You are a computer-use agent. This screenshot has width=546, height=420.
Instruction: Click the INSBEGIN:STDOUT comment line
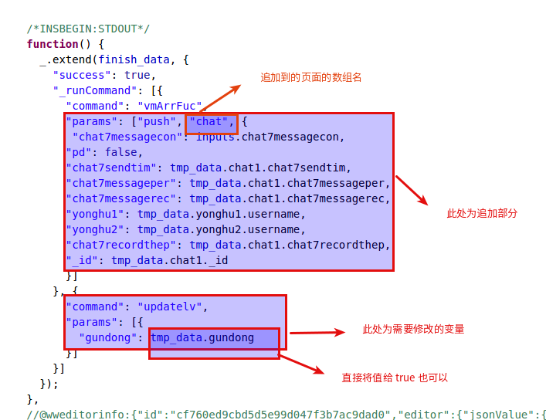[x=88, y=29]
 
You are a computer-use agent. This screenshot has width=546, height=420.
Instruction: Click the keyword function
[x=53, y=44]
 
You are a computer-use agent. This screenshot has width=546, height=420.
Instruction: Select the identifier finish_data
[x=134, y=60]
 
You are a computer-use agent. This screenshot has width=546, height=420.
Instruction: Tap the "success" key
[x=79, y=75]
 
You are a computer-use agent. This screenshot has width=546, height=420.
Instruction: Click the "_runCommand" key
[x=94, y=90]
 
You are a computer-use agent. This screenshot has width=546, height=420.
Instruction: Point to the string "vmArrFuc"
[x=170, y=106]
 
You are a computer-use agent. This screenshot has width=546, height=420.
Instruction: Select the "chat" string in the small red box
[x=209, y=121]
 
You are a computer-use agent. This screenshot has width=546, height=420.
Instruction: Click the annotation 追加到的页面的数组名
[x=311, y=77]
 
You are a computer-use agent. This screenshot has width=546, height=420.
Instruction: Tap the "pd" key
[x=79, y=153]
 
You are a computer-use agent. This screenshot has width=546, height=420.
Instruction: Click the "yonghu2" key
[x=95, y=230]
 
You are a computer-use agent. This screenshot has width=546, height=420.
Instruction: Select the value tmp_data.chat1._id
[x=170, y=260]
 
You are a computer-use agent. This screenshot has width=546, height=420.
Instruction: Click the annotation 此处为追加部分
[x=482, y=213]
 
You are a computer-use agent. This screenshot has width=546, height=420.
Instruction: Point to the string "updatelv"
[x=170, y=307]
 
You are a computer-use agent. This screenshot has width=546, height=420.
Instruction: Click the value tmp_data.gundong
[x=202, y=338]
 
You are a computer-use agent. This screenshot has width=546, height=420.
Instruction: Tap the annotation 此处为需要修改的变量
[x=413, y=329]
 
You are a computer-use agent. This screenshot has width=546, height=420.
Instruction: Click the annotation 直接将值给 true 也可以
[x=395, y=378]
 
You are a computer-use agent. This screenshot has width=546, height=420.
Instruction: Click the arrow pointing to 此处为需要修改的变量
[x=317, y=333]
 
